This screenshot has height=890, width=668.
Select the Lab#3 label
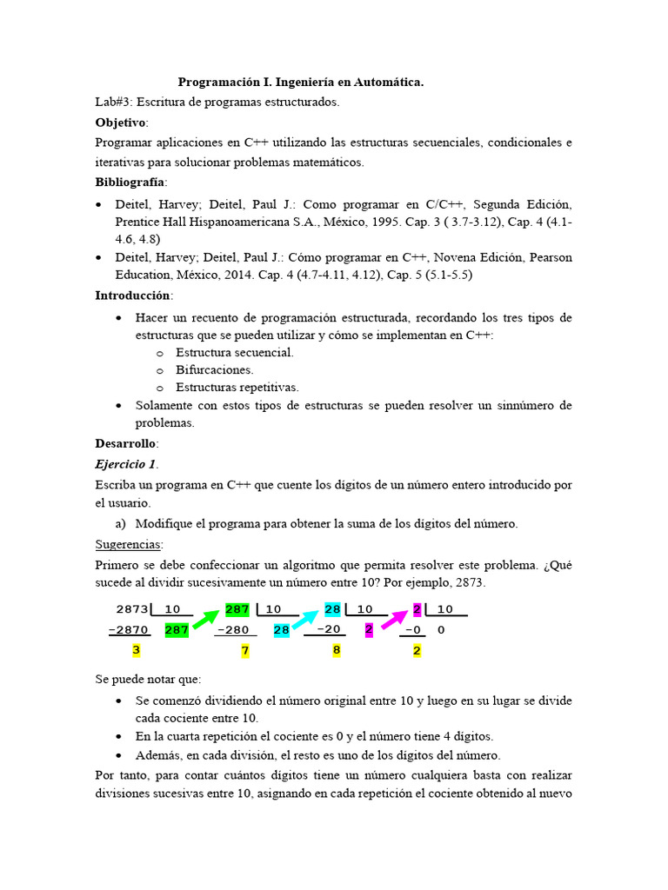pyautogui.click(x=114, y=102)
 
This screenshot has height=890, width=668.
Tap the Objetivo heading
pyautogui.click(x=121, y=122)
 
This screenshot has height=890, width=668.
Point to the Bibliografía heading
pyautogui.click(x=130, y=183)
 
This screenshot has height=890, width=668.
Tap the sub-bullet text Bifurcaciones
pyautogui.click(x=215, y=369)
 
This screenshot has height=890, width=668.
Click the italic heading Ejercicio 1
pyautogui.click(x=126, y=464)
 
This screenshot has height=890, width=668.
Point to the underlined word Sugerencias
pyautogui.click(x=128, y=545)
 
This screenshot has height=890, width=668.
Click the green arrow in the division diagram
pyautogui.click(x=206, y=619)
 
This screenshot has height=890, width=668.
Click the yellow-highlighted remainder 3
pyautogui.click(x=136, y=650)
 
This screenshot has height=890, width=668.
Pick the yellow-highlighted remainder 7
pyautogui.click(x=245, y=651)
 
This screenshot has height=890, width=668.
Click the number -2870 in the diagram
pyautogui.click(x=129, y=629)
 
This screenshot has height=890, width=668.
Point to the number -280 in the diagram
pyautogui.click(x=232, y=629)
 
